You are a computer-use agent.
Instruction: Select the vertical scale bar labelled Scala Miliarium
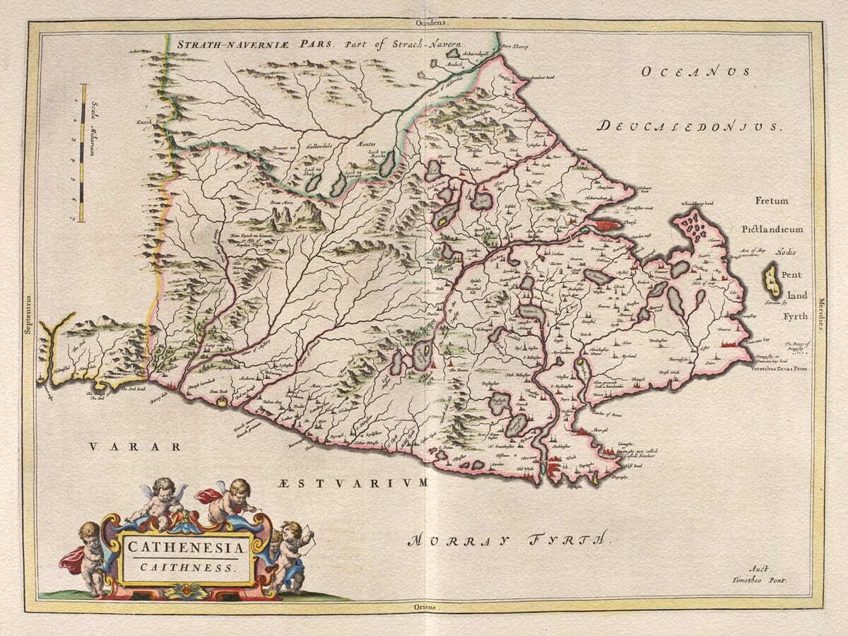tap(83, 153)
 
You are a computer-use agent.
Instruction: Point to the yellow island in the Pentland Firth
tap(771, 281)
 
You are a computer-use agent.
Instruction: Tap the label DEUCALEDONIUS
tap(689, 126)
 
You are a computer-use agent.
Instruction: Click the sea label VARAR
tap(134, 447)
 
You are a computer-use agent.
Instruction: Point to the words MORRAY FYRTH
tap(507, 541)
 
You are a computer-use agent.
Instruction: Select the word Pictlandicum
tap(772, 230)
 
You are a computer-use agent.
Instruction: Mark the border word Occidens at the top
tap(427, 23)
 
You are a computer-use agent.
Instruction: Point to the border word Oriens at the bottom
tap(426, 607)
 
